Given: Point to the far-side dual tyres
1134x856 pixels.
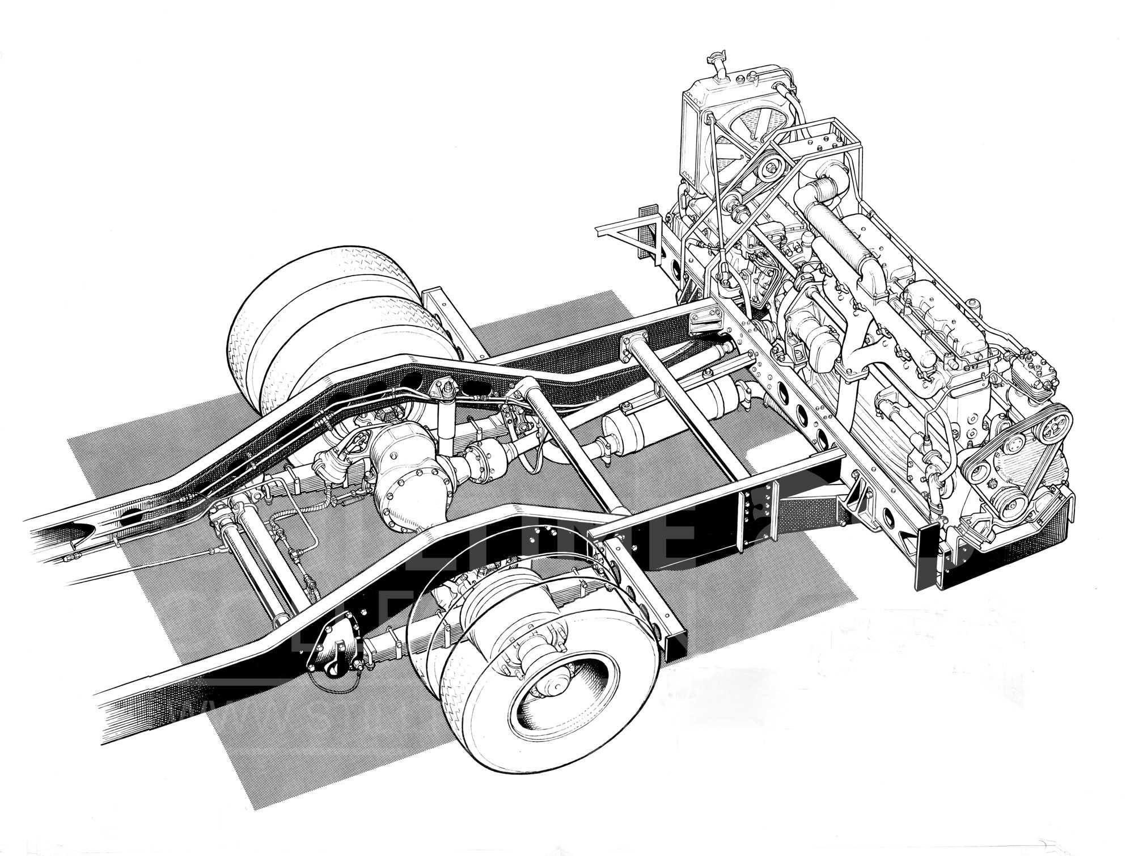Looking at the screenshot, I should point(295,323).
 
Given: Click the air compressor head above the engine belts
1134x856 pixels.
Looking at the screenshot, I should point(1027,371).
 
